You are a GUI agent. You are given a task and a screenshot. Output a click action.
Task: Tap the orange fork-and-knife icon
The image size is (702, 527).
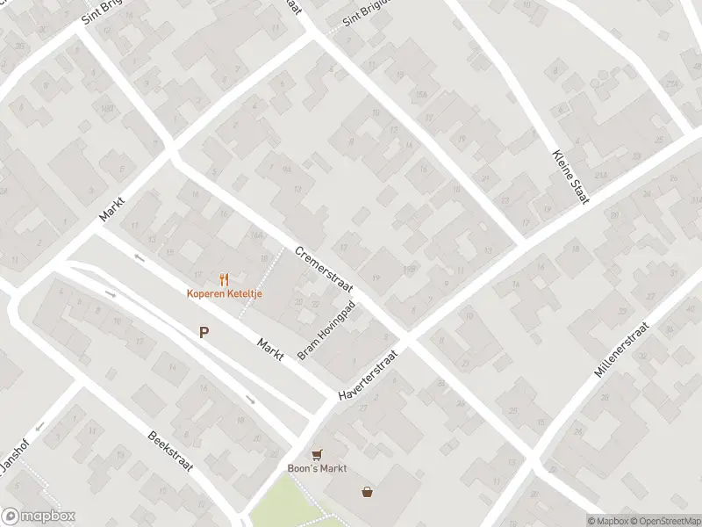[x=225, y=279]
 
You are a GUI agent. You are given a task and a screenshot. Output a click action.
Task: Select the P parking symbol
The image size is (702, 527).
[x=204, y=332]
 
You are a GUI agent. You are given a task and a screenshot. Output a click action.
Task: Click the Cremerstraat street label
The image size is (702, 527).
[x=323, y=270]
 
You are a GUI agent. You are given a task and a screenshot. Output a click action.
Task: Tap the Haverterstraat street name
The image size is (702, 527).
[x=369, y=377]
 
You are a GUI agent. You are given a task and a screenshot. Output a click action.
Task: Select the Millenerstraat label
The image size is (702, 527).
[x=621, y=350]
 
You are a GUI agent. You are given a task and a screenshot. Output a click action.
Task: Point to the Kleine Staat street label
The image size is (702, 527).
[x=570, y=177]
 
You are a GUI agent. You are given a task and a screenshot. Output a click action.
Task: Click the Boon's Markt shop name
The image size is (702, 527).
[x=318, y=468]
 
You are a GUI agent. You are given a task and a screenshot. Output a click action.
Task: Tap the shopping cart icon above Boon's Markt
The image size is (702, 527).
[x=317, y=454]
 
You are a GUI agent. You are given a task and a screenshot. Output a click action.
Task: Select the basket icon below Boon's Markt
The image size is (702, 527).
[x=367, y=492]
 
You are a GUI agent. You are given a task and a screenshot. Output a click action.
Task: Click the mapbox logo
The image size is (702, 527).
[x=39, y=516]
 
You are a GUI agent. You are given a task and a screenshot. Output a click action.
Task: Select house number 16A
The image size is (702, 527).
[x=256, y=234]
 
